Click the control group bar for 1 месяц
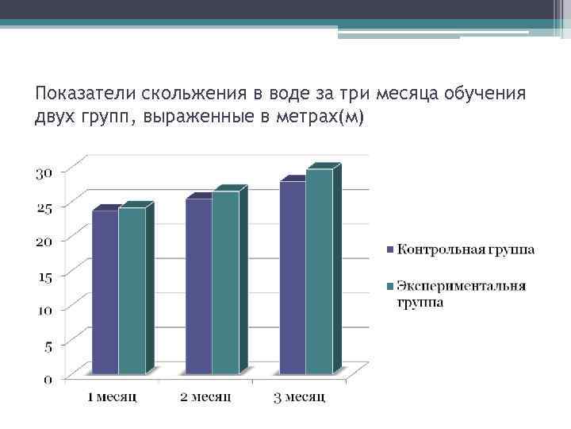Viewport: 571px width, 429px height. click(x=105, y=292)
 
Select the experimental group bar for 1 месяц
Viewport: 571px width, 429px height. click(x=132, y=291)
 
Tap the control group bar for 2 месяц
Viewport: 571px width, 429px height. click(x=199, y=285)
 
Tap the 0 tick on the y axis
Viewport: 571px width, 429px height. click(x=48, y=379)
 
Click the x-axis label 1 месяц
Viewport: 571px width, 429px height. click(x=113, y=395)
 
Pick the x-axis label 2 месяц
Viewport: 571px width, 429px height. click(x=205, y=395)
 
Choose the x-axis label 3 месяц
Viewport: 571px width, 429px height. click(x=298, y=395)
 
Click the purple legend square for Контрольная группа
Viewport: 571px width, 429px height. click(x=389, y=250)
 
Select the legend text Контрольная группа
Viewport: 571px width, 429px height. click(x=466, y=249)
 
